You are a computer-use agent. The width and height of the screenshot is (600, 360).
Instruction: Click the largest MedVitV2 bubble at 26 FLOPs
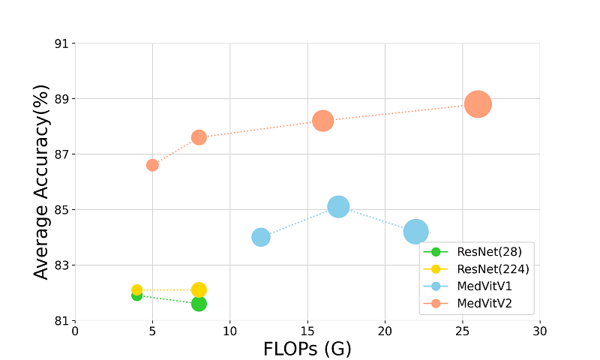(478, 104)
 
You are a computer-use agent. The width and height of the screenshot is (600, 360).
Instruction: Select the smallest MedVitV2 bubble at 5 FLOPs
(152, 165)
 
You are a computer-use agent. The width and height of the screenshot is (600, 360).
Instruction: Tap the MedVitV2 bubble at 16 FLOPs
(322, 121)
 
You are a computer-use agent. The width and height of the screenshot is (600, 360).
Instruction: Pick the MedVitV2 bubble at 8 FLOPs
(199, 137)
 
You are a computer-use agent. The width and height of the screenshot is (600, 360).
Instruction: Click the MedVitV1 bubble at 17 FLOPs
(338, 206)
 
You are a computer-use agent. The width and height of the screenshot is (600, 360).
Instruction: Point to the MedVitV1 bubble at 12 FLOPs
(261, 237)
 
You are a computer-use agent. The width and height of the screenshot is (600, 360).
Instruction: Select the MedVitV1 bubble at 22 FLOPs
(415, 232)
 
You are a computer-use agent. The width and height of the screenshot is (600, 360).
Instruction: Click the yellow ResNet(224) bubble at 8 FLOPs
(199, 289)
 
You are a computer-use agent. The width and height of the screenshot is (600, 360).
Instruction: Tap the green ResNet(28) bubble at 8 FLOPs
(199, 304)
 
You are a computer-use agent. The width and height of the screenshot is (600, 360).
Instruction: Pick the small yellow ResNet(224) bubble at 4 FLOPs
(136, 289)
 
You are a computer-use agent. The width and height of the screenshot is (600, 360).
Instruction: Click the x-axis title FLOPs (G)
(307, 349)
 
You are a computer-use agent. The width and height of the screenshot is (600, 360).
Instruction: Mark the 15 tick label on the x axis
(307, 331)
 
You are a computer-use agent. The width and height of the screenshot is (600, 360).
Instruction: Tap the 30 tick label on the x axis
(540, 331)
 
